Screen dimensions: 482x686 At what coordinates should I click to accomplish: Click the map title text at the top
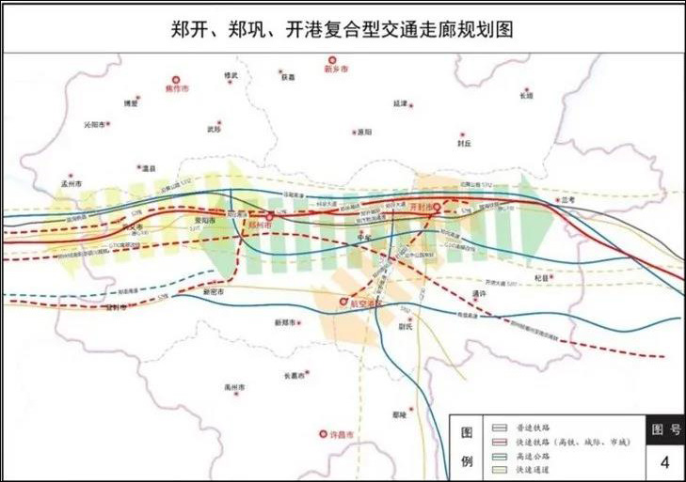343,28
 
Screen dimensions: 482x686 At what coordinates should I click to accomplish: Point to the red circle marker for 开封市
437,206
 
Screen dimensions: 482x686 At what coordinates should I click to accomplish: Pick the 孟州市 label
72,184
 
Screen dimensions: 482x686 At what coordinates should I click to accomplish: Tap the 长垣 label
526,96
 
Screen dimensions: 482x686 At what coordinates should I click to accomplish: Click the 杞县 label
540,278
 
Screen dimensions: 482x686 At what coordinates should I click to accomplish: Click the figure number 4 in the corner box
664,461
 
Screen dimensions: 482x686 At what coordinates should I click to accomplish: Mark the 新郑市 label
286,322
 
